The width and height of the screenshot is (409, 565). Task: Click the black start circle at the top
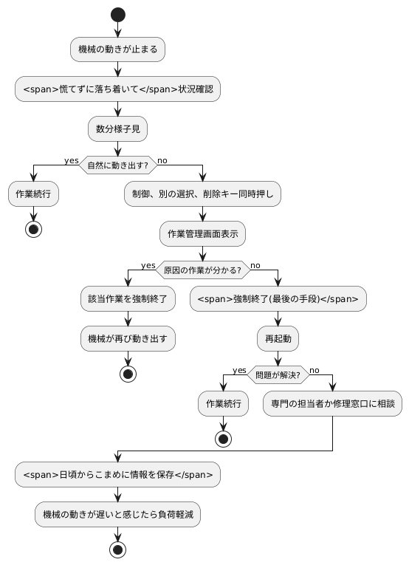point(117,14)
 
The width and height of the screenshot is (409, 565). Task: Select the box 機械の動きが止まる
point(117,49)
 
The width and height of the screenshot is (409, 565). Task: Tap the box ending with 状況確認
point(117,89)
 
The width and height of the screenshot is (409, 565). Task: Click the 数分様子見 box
point(117,129)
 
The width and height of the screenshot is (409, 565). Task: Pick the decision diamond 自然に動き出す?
point(117,165)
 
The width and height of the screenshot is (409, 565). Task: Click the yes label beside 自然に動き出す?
point(72,160)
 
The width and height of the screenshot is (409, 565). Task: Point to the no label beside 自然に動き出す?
point(162,160)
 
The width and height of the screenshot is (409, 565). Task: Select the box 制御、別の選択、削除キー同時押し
point(202,194)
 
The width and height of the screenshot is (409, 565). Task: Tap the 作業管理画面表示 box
point(202,233)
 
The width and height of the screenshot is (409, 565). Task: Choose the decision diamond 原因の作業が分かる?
point(202,270)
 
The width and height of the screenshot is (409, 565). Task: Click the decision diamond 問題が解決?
point(278,374)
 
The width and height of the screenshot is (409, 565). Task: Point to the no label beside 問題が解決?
point(314,370)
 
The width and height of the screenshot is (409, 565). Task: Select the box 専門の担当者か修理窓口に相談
point(333,404)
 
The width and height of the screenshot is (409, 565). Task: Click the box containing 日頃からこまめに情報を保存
point(117,474)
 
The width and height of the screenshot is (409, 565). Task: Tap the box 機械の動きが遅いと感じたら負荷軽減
point(117,514)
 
